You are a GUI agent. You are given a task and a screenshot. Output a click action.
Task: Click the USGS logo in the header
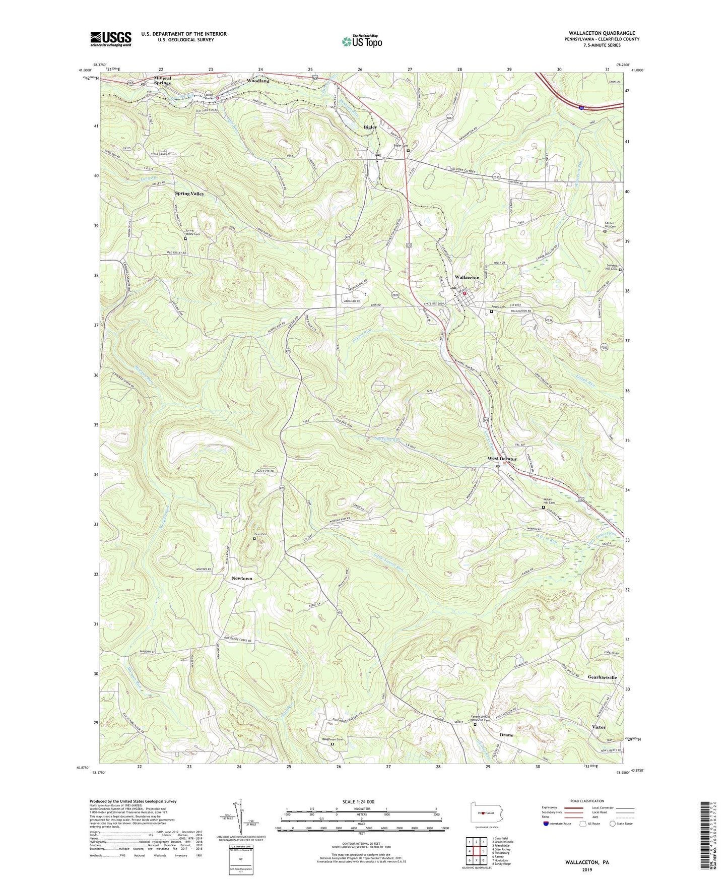tap(111, 39)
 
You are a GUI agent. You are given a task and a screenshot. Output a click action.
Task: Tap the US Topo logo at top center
tap(362, 41)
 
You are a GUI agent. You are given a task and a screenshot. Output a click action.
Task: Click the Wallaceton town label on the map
tap(467, 278)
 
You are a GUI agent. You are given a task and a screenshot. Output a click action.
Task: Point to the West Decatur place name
tap(502, 459)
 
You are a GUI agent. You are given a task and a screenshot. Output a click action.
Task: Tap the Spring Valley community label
tap(189, 194)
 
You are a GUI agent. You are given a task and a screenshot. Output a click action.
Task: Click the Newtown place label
tap(242, 579)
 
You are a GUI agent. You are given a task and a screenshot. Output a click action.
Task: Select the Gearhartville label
tap(602, 677)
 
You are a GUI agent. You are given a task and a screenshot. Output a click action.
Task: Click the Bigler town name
tap(370, 127)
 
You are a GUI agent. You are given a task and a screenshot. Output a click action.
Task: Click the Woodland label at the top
tap(258, 81)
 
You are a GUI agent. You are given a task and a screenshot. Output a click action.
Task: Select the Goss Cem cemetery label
tap(259, 534)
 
